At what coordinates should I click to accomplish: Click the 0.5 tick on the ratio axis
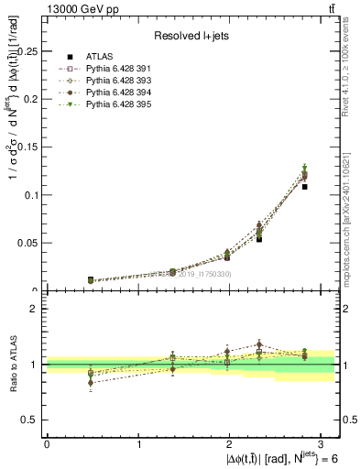pyautogui.click(x=33, y=420)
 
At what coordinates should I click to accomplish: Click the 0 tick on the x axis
pyautogui.click(x=47, y=443)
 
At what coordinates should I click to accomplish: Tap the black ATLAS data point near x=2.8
pyautogui.click(x=305, y=187)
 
